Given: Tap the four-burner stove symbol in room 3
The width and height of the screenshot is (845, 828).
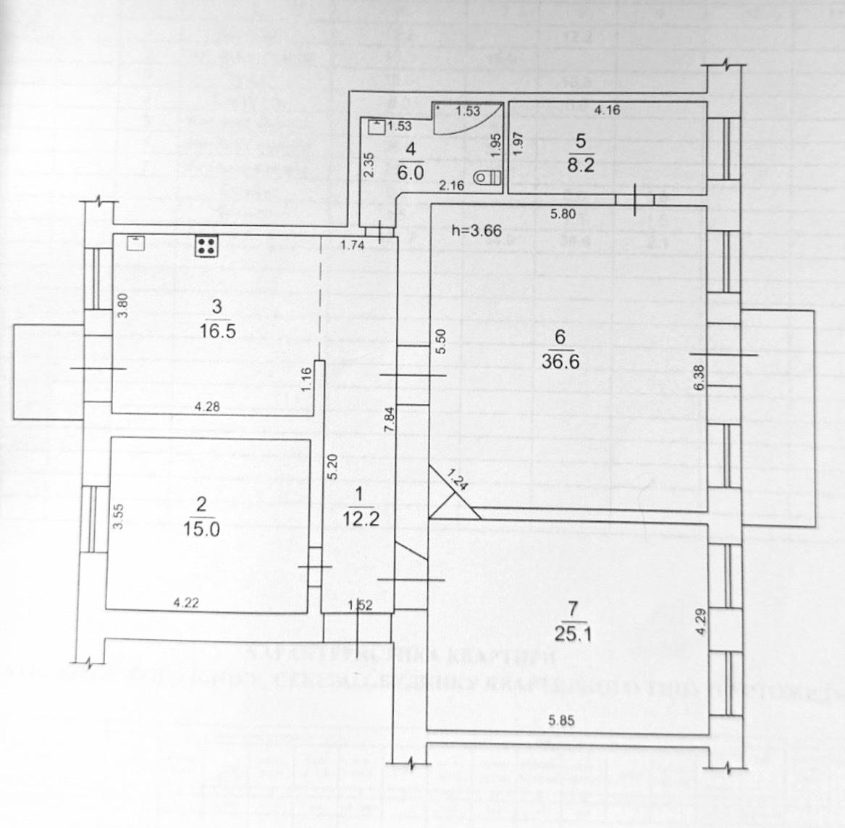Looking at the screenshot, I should pos(207,246).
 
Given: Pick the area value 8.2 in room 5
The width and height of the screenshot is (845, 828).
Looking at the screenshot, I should pos(581,165).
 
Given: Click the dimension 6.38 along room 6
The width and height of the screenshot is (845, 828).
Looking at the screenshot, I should pos(698,377).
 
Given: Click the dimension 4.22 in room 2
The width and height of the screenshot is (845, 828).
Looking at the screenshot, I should pos(185,601).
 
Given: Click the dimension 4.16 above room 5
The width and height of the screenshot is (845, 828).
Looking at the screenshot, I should pos(607,111).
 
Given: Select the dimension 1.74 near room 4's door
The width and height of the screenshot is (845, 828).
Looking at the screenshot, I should pos(353,245).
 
